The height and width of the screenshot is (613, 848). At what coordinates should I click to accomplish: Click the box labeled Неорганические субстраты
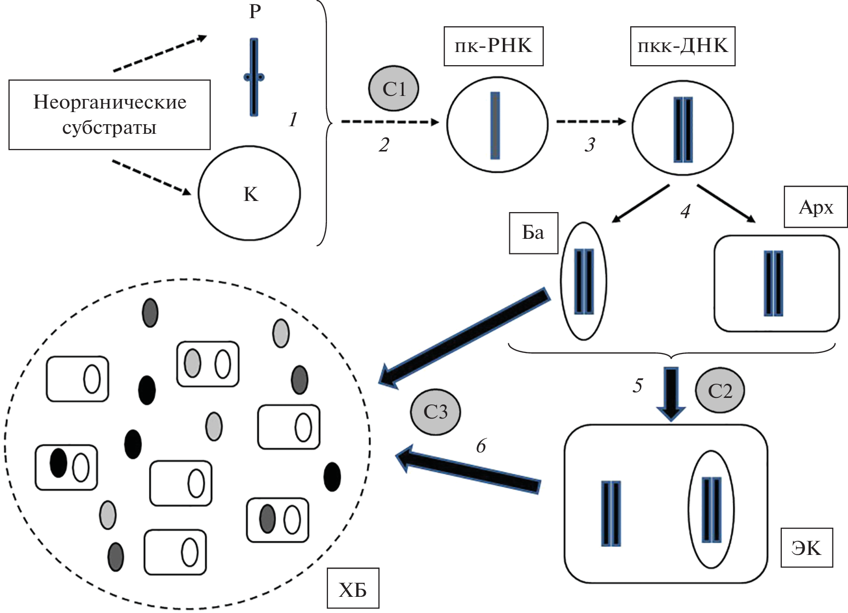[x=109, y=115]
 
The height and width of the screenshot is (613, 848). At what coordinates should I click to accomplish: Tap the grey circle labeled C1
[x=393, y=88]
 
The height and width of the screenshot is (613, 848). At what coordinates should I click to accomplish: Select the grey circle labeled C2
[x=720, y=390]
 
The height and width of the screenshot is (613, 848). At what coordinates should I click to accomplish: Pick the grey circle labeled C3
[x=435, y=412]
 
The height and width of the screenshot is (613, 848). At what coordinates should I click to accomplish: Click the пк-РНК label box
[x=493, y=46]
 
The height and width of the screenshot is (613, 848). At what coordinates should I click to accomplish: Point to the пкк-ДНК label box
[x=682, y=46]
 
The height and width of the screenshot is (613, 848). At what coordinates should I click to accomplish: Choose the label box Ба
[x=533, y=233]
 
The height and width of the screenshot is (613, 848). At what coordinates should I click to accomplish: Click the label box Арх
[x=816, y=207]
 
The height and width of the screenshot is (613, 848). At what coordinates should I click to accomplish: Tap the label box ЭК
[x=807, y=548]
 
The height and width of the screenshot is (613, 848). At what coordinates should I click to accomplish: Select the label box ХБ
[x=353, y=589]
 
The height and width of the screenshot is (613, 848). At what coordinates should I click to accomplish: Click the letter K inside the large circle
[x=251, y=194]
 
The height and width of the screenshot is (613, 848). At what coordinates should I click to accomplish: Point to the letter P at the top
[x=255, y=12]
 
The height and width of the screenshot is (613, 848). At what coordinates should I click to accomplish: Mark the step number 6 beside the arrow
[x=481, y=446]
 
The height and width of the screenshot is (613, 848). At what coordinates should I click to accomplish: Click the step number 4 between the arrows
[x=685, y=211]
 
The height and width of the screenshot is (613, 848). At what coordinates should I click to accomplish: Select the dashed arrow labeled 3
[x=591, y=122]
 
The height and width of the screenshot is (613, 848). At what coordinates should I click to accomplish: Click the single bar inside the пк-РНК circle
[x=495, y=125]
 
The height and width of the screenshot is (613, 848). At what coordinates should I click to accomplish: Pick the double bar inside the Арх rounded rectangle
[x=773, y=283]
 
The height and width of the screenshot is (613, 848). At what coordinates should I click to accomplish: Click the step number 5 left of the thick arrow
[x=638, y=386]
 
